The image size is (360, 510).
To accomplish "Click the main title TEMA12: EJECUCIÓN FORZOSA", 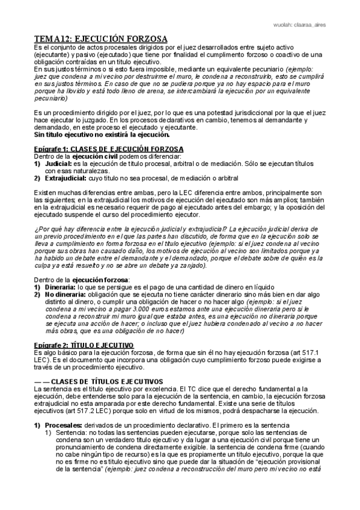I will click(x=100, y=38).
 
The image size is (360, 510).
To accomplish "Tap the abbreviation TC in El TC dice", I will click(x=188, y=390).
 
